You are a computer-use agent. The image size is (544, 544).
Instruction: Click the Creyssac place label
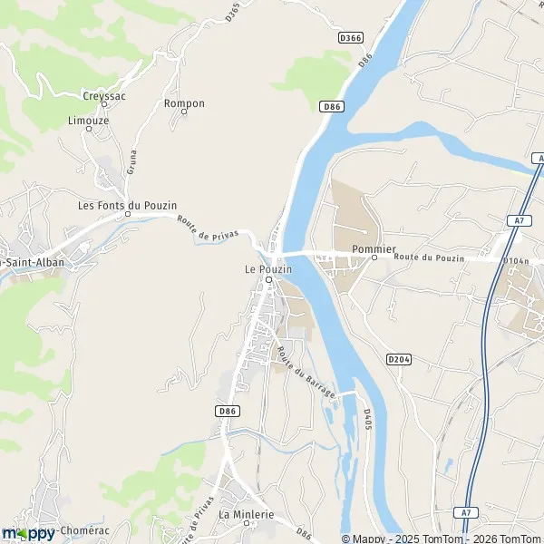[x=105, y=95]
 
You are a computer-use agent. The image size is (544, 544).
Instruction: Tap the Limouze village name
[x=88, y=120]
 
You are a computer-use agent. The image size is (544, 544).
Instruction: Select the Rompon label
[x=184, y=103]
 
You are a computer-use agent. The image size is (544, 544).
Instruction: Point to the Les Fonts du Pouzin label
[x=127, y=206]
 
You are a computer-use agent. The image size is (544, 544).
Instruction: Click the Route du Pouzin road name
[x=429, y=258]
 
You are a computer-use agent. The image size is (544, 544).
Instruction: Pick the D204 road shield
[x=399, y=359]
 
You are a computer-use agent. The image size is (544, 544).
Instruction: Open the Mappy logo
[x=29, y=533]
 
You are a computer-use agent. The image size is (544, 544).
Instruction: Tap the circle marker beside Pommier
[x=374, y=258]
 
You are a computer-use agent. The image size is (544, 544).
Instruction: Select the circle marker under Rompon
[x=184, y=113]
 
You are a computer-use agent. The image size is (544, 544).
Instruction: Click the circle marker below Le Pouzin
[x=268, y=279]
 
